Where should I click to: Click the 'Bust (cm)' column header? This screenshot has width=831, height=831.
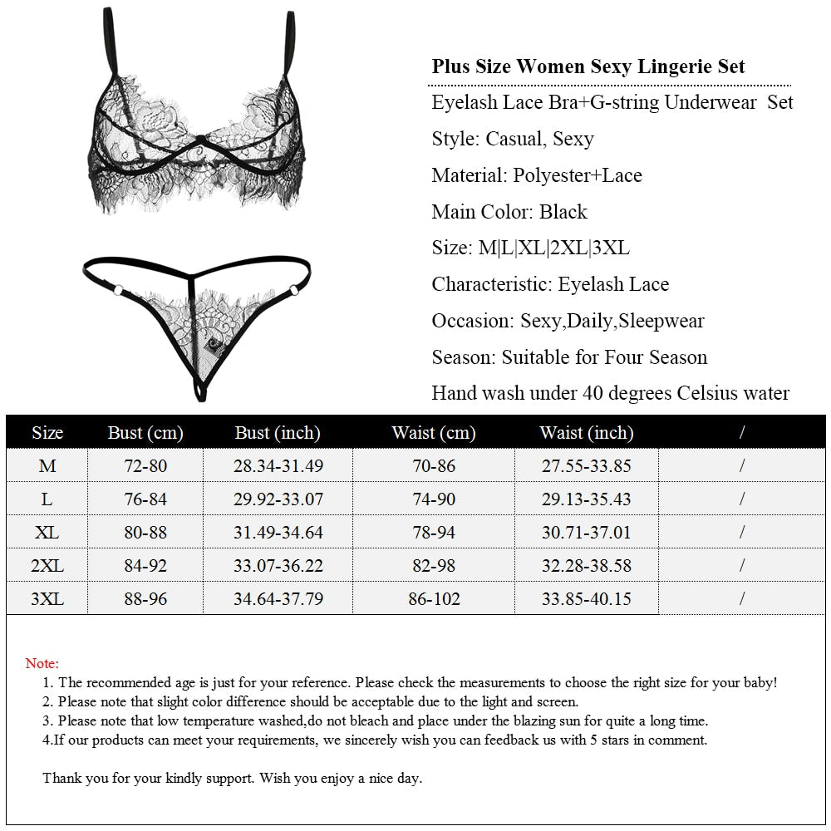[145, 433]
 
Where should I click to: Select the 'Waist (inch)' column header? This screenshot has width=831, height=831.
[586, 433]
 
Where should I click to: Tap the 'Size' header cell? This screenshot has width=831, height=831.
[47, 433]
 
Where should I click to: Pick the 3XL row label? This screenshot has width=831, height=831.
[47, 598]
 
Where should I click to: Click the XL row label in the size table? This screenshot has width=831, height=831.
[47, 532]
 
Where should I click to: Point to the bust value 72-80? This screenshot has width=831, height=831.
[145, 466]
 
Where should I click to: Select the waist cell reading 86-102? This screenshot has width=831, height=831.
[434, 598]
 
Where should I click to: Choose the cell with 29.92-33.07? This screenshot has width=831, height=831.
[278, 499]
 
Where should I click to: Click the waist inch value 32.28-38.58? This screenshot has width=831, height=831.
[586, 566]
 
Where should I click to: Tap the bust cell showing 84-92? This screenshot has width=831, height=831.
[145, 566]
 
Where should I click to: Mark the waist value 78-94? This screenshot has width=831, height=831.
[434, 532]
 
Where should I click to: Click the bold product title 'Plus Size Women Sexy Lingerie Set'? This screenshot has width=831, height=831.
[588, 66]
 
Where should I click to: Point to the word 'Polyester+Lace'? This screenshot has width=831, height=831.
[578, 175]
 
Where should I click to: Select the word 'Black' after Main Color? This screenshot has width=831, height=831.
[563, 212]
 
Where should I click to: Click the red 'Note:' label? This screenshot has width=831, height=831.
[42, 663]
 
